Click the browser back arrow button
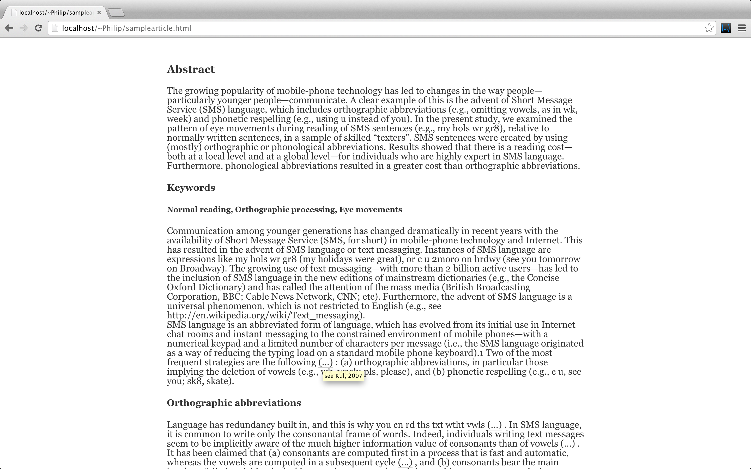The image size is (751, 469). tap(9, 28)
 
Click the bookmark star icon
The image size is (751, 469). tap(709, 28)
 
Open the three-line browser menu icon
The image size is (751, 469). tap(742, 28)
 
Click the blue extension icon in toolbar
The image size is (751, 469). tap(725, 28)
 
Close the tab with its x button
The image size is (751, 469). tap(99, 13)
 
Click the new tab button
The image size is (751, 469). tap(117, 13)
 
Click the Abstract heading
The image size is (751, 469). tap(191, 69)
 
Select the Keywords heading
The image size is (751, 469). tap(191, 188)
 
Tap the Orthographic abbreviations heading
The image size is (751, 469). tap(234, 403)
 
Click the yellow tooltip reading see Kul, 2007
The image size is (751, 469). tap(343, 376)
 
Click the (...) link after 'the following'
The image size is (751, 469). tap(325, 362)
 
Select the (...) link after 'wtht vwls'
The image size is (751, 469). tap(494, 425)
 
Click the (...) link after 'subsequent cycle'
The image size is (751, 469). tap(405, 462)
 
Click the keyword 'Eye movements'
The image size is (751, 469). tap(371, 210)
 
